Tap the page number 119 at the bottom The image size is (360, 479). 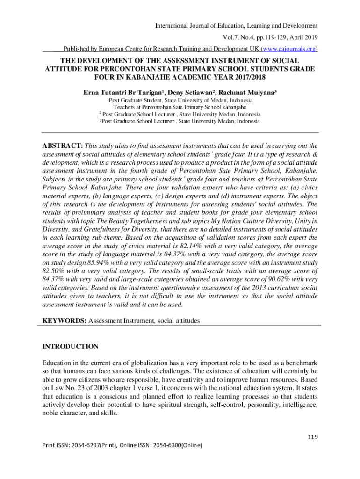pos(312,437)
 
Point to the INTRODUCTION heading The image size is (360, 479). pos(71,347)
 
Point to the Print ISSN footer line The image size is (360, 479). pos(122,458)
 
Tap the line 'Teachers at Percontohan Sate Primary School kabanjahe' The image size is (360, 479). pos(180,107)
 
